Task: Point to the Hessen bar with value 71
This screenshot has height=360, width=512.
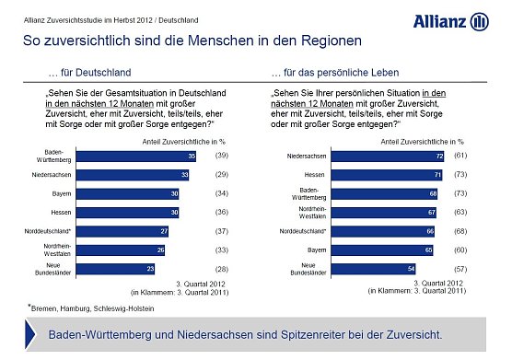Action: tap(375, 175)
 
